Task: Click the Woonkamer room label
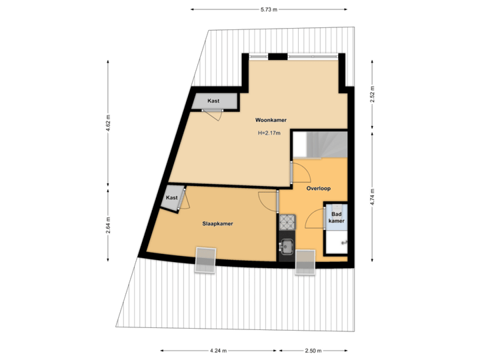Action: coord(271,121)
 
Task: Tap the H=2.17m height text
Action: coord(269,133)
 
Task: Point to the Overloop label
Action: coord(319,189)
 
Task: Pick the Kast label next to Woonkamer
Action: coord(213,101)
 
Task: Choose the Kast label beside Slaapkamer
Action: coord(172,198)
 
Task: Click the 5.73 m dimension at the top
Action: coord(269,9)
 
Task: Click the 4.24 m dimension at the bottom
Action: coord(219,351)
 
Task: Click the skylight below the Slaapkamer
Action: coord(205,259)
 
